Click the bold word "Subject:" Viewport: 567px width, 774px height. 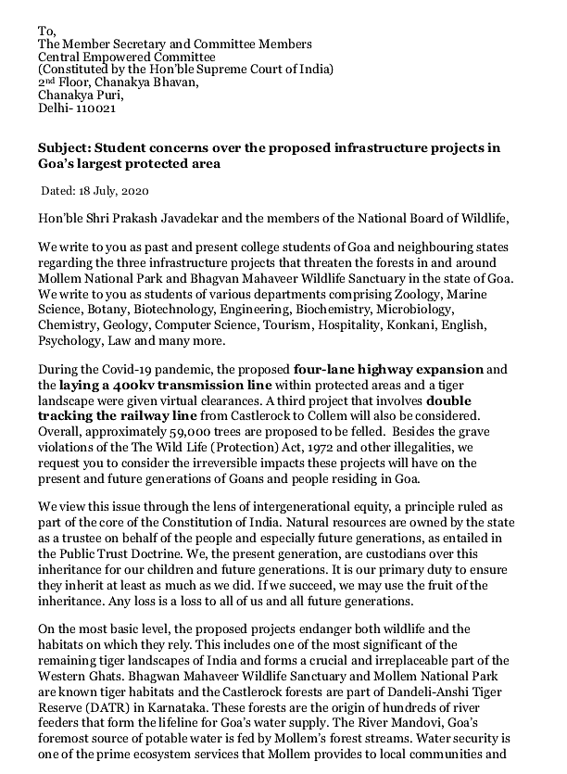(x=65, y=148)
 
